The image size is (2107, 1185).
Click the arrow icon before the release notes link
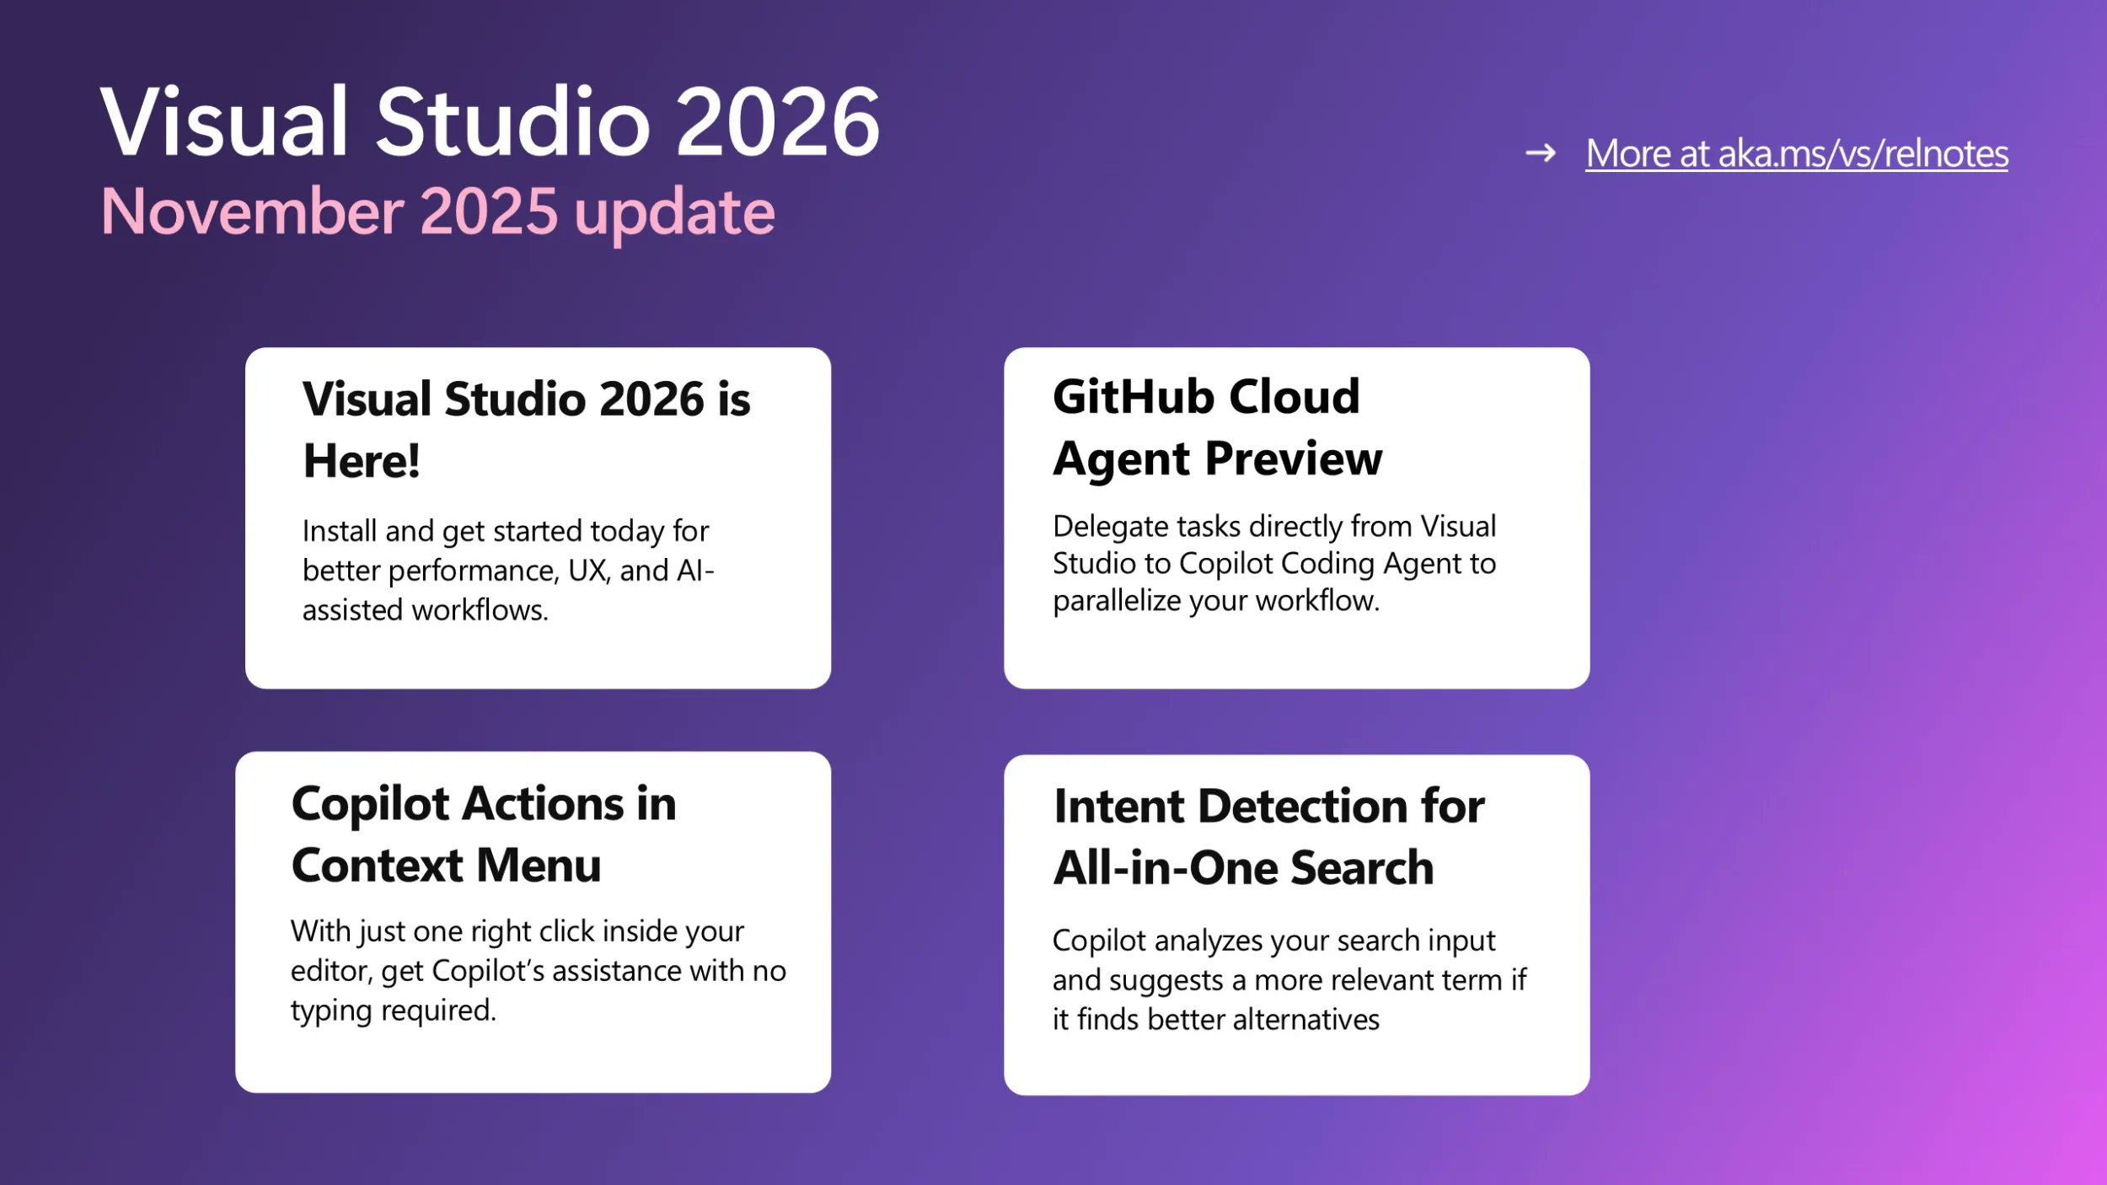1540,153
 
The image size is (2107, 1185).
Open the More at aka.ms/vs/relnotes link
1796,154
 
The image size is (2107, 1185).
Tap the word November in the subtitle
252,212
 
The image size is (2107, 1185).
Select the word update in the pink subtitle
673,213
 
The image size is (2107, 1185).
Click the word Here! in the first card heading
361,461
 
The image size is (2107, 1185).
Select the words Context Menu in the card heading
446,866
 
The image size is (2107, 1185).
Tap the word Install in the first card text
339,531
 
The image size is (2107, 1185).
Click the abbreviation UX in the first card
588,571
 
